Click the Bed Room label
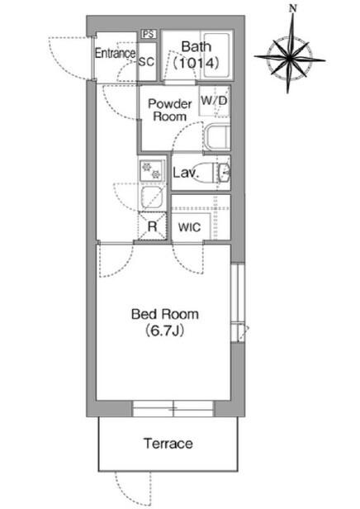165,314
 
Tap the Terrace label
168,444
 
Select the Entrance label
115,53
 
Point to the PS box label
149,34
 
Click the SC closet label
146,61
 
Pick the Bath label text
197,47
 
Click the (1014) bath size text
196,63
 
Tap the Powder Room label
170,110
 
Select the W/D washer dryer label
214,100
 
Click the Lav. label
186,173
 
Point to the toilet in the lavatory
221,172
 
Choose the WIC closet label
189,227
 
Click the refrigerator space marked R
152,226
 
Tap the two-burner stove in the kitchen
152,171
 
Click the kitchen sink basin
152,197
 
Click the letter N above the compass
293,9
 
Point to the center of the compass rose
289,59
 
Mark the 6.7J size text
165,331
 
